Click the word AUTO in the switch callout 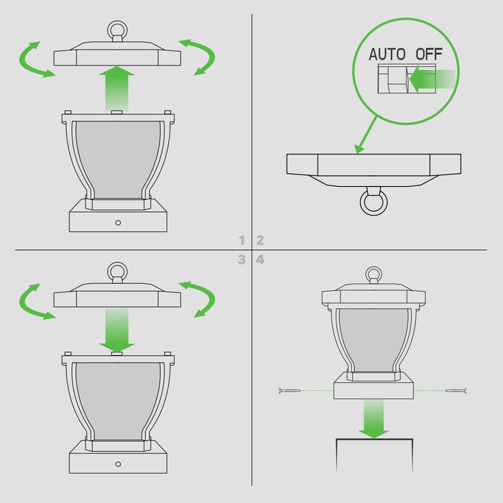(387, 54)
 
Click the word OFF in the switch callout (429, 54)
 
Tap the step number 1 (242, 240)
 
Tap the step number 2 (260, 240)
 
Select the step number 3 (242, 259)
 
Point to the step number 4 (260, 259)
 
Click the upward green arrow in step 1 (116, 89)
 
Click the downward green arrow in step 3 (116, 330)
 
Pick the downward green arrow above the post (374, 419)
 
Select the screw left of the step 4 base (290, 391)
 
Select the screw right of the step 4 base (456, 391)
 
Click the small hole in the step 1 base (118, 223)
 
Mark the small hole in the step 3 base (118, 464)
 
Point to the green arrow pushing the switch (433, 79)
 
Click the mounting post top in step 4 (374, 439)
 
